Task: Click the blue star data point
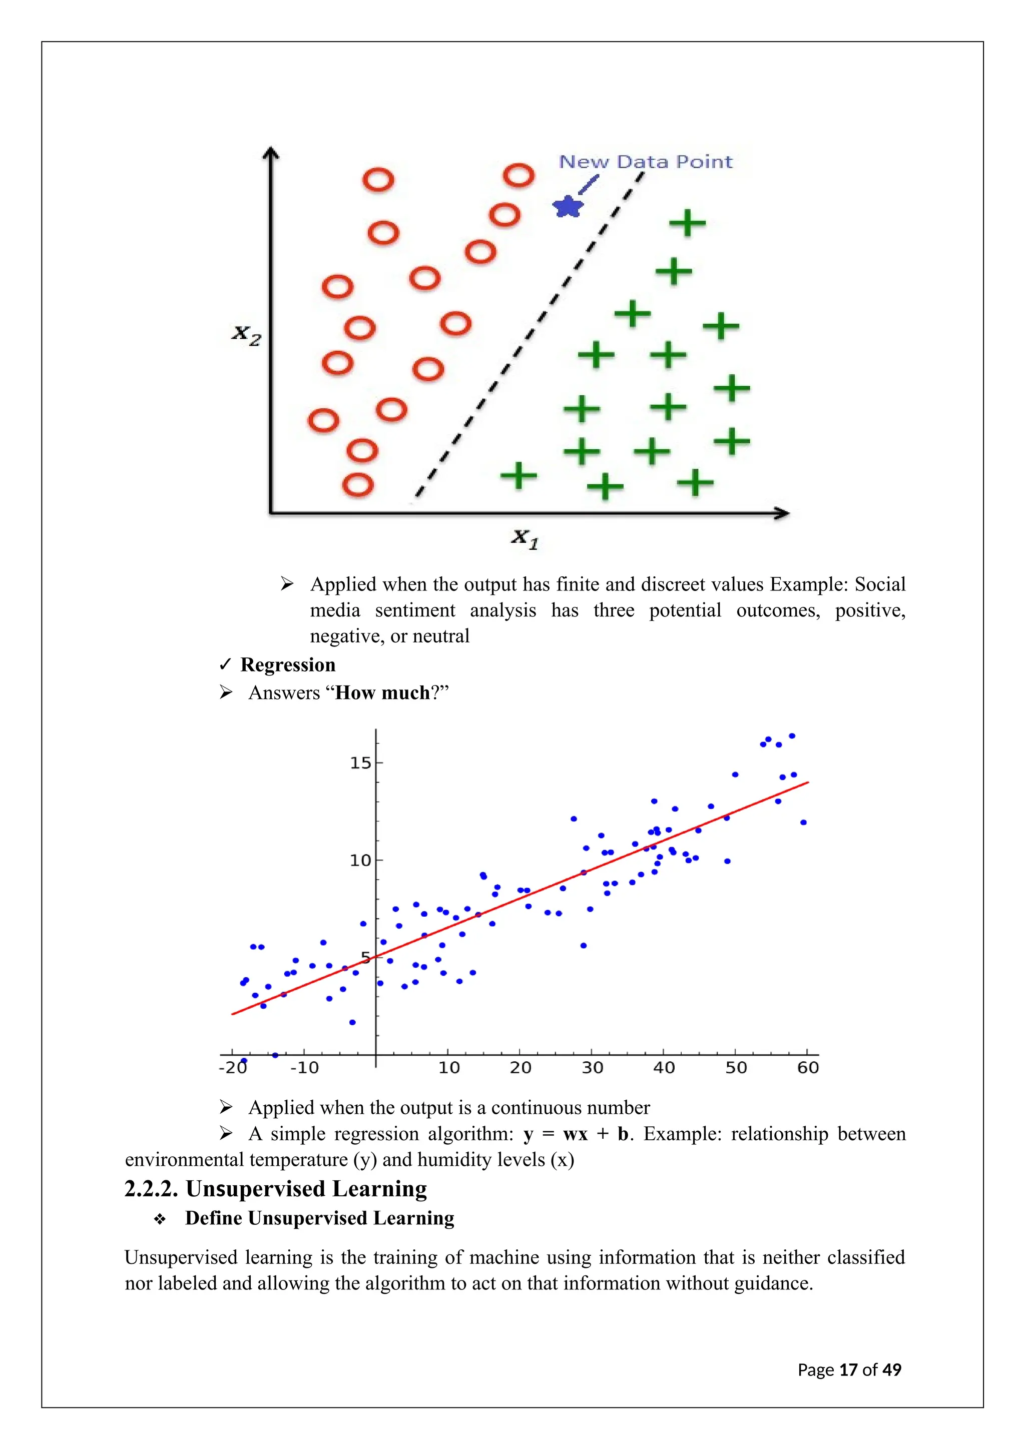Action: pos(568,206)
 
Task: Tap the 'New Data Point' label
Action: pos(646,162)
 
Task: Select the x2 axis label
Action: pos(246,335)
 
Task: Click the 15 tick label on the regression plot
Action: pos(360,763)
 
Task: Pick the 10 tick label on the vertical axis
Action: pos(360,860)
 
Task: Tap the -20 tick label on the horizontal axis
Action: pos(233,1068)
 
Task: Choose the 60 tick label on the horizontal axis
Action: pos(808,1068)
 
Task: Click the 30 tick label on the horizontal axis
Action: pos(592,1068)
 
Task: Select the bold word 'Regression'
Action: pos(288,665)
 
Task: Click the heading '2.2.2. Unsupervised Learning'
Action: pos(276,1189)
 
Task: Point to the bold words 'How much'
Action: pos(382,693)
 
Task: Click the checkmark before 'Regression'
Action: pos(225,664)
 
